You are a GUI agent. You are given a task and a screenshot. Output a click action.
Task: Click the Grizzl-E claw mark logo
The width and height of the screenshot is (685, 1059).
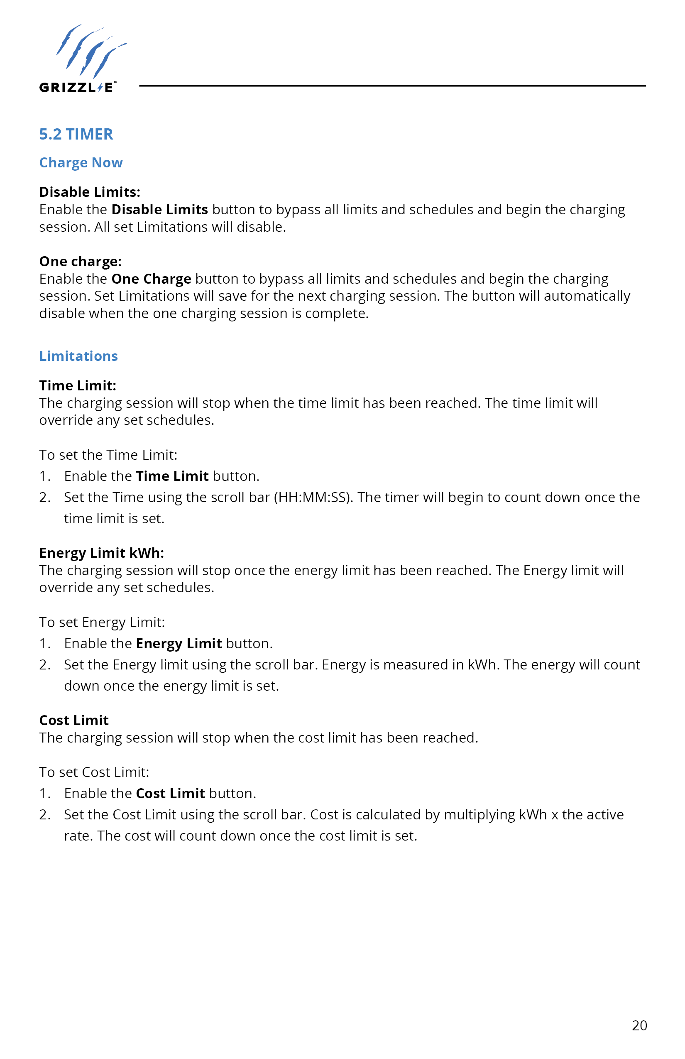point(91,51)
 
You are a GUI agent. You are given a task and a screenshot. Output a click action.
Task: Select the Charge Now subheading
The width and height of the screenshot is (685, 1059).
point(81,162)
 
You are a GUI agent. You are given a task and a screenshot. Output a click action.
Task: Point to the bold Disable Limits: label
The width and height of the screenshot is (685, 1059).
point(89,192)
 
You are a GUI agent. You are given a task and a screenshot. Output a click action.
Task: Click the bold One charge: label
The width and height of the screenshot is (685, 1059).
point(80,261)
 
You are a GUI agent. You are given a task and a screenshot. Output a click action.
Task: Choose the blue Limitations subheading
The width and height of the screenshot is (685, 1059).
point(78,356)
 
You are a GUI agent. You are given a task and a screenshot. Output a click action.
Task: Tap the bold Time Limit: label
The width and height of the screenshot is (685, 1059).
point(77,385)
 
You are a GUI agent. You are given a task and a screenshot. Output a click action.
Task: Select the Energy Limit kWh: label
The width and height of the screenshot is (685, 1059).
point(101,553)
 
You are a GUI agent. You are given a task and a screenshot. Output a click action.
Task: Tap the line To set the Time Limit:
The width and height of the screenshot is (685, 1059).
point(108,455)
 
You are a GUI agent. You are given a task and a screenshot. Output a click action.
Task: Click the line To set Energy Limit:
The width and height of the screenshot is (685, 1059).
point(102,622)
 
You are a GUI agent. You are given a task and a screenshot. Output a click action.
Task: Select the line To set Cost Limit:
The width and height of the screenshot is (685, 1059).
point(94,772)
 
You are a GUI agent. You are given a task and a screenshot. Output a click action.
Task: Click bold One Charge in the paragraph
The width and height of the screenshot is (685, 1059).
point(151,279)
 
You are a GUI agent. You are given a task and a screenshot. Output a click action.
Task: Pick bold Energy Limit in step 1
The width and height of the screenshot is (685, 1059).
point(179,643)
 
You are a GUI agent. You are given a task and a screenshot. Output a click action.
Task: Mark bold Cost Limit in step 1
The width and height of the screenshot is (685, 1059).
point(170,793)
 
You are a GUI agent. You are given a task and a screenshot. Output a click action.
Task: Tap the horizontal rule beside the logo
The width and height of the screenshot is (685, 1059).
point(391,86)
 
